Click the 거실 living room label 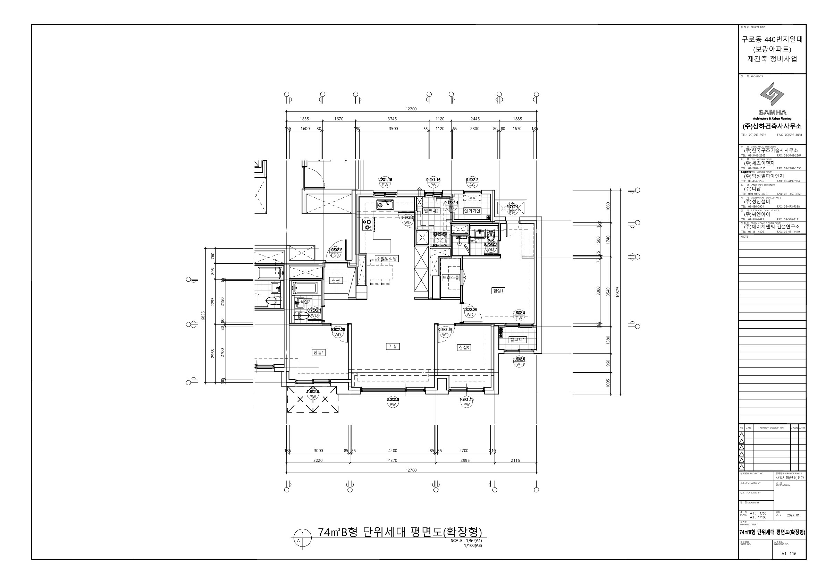[393, 346]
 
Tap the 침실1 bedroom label [498, 290]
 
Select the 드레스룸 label [451, 278]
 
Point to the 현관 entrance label [336, 280]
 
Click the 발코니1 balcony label [517, 339]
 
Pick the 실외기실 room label [472, 211]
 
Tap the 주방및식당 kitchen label [387, 259]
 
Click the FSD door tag [335, 255]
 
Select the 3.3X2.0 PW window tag [393, 405]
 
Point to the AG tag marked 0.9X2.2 [472, 185]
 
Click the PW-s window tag [519, 364]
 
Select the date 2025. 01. [793, 515]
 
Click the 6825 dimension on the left [203, 315]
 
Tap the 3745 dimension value [392, 119]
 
